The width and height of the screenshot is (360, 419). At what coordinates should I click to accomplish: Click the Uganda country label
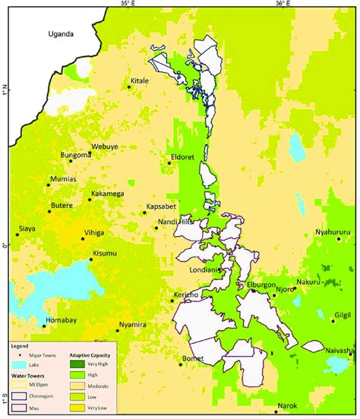pyautogui.click(x=62, y=34)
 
